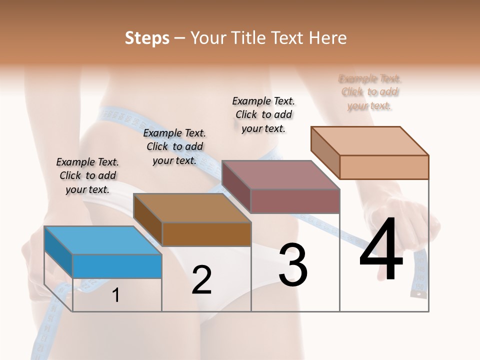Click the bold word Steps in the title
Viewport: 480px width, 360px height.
147,38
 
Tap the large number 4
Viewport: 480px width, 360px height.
381,250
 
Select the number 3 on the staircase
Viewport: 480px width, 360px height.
293,265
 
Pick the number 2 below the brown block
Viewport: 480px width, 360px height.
201,280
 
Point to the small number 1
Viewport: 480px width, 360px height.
115,295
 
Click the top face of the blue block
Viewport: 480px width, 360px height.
102,240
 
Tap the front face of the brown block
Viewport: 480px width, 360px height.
206,234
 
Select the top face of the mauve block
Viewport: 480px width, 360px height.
280,175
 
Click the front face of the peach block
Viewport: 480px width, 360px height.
384,166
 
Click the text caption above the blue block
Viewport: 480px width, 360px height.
87,175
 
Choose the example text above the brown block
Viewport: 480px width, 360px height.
174,146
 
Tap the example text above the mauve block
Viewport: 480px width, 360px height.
263,114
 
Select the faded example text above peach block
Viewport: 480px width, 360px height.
370,92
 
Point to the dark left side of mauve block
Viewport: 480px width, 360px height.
236,186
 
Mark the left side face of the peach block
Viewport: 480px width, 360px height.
325,152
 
